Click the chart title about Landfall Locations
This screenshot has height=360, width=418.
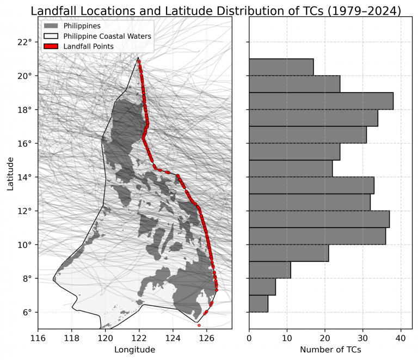click(216, 11)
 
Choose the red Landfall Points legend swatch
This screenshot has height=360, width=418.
click(51, 46)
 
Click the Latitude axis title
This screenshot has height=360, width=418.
click(10, 174)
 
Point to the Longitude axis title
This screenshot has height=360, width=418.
click(134, 350)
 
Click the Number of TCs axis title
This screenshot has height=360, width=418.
click(330, 350)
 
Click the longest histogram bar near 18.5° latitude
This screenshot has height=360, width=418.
click(321, 101)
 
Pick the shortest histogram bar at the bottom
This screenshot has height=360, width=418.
click(259, 303)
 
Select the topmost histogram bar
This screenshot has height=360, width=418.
click(281, 67)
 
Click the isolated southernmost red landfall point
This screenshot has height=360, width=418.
click(199, 325)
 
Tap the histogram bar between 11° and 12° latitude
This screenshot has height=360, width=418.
click(319, 219)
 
